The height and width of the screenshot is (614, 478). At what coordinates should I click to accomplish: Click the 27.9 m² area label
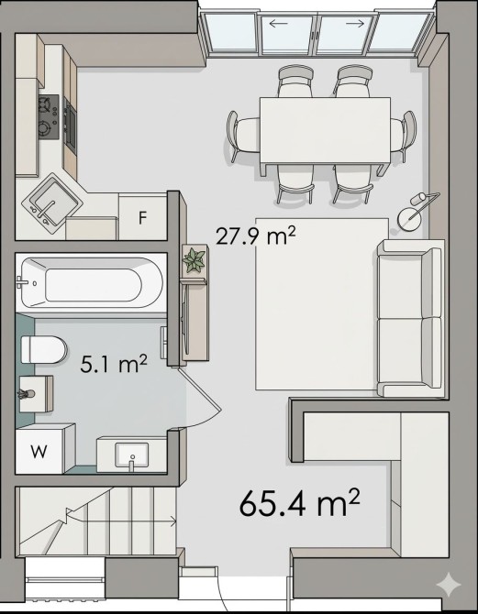tap(255, 236)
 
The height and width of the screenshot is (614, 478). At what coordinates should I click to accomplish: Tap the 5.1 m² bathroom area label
tap(114, 364)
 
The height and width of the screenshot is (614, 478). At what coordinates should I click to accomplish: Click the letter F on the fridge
tap(143, 218)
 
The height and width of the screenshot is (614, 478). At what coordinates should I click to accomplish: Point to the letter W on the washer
tap(39, 452)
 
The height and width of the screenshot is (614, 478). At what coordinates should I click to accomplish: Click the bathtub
tap(92, 282)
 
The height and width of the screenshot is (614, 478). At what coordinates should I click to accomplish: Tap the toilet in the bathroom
tap(43, 349)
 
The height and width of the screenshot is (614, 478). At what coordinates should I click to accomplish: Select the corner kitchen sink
tap(51, 203)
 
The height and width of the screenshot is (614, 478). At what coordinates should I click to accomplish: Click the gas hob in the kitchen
tap(49, 117)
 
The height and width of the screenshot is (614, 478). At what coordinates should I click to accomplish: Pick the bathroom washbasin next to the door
tap(132, 455)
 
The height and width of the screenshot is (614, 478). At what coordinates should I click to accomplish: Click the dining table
tap(325, 130)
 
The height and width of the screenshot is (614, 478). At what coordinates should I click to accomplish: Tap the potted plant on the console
tap(195, 259)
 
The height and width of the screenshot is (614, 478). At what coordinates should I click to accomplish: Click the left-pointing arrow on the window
tap(278, 24)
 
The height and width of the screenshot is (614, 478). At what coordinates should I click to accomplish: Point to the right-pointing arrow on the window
tap(355, 24)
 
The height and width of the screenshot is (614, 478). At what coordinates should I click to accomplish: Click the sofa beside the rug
tap(410, 318)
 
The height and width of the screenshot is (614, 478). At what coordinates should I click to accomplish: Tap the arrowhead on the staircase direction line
tap(172, 521)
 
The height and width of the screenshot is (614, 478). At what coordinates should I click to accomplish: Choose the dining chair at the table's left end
tap(243, 136)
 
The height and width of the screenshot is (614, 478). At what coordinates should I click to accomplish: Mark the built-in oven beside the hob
tap(71, 125)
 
